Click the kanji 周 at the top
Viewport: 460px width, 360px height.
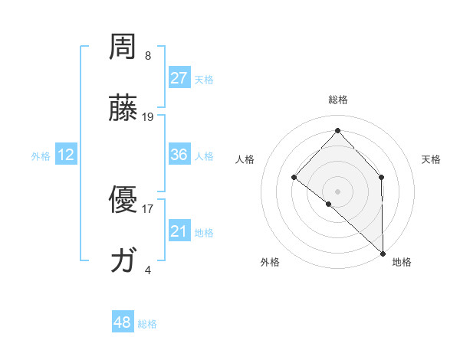coord(123,49)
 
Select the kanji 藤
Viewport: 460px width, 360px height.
coord(123,109)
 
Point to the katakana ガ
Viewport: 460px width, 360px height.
coord(123,261)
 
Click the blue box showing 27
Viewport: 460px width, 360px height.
coord(179,78)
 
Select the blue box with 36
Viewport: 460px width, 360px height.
coord(179,155)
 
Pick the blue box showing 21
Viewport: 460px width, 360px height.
coord(179,231)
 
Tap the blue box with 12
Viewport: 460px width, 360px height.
coord(66,155)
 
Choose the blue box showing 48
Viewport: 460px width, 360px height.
coord(123,322)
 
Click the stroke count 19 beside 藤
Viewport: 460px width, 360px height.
coord(148,117)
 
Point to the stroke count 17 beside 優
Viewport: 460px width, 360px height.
coord(148,208)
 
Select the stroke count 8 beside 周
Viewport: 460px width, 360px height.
coord(148,56)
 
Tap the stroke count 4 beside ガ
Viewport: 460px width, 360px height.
coord(148,270)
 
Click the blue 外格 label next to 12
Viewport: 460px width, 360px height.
coord(41,156)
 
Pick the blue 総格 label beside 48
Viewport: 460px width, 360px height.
coord(147,324)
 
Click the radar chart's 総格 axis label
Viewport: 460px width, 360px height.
coord(337,100)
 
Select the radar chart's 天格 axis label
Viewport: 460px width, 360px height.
coord(431,159)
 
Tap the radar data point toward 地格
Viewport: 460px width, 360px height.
coord(383,253)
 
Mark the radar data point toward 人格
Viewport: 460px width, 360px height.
coord(294,178)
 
